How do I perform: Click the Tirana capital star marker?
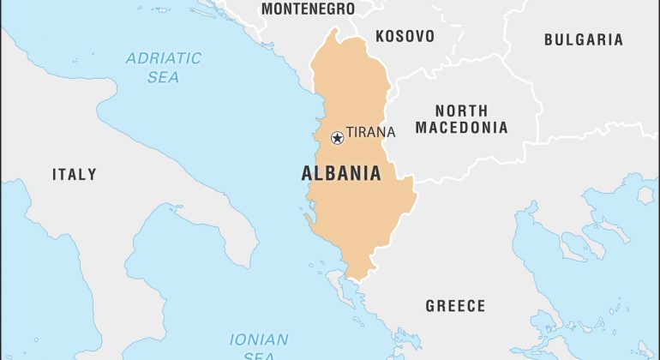[337, 137]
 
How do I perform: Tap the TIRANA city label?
[370, 133]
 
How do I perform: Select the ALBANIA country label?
[341, 173]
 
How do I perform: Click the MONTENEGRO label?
[308, 9]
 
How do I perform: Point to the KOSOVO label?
[405, 36]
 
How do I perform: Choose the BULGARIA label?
[584, 39]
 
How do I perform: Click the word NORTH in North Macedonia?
[461, 111]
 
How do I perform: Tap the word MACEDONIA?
[461, 128]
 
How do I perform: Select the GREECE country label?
[455, 306]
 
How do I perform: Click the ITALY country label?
[75, 174]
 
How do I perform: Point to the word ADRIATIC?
[163, 59]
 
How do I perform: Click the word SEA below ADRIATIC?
[163, 77]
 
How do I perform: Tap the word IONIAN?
[259, 339]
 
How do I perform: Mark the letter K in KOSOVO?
[380, 36]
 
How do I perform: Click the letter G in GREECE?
[430, 306]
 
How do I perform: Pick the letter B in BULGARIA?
[549, 39]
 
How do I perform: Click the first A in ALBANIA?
[307, 173]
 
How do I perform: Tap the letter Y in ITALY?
[92, 174]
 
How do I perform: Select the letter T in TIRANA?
[350, 133]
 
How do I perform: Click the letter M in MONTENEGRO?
[267, 9]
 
